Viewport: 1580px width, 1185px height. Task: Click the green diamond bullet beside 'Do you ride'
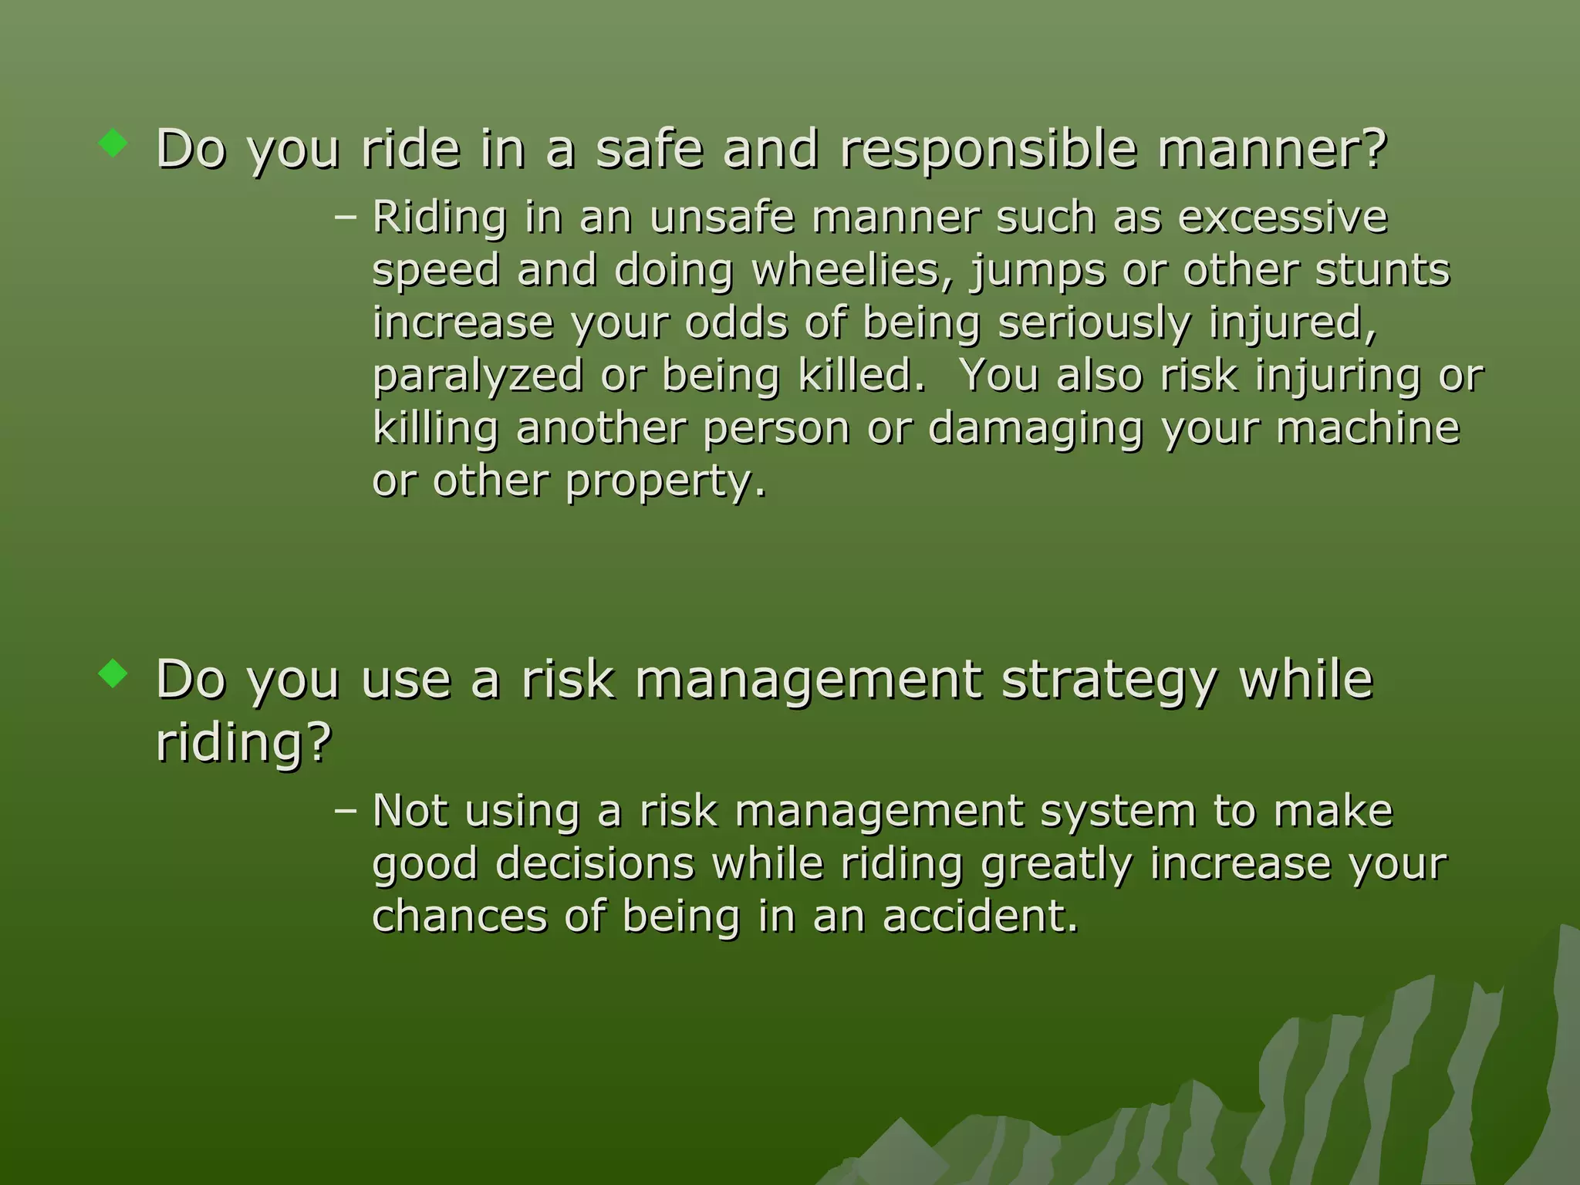113,143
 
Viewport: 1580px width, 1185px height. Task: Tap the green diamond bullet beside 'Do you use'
113,674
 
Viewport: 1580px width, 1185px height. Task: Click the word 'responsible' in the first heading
988,149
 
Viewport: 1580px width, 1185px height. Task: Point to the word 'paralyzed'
478,377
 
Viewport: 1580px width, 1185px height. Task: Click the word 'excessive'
1282,218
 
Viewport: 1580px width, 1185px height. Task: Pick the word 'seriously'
1094,323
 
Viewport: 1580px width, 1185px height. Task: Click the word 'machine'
1367,428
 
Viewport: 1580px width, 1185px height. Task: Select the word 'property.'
666,482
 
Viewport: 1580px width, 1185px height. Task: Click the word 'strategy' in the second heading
1109,680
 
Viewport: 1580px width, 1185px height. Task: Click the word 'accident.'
980,917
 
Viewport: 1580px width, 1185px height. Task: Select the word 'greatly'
1056,865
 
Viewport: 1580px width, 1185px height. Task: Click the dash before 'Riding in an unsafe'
346,218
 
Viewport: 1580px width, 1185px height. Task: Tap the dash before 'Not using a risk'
346,811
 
